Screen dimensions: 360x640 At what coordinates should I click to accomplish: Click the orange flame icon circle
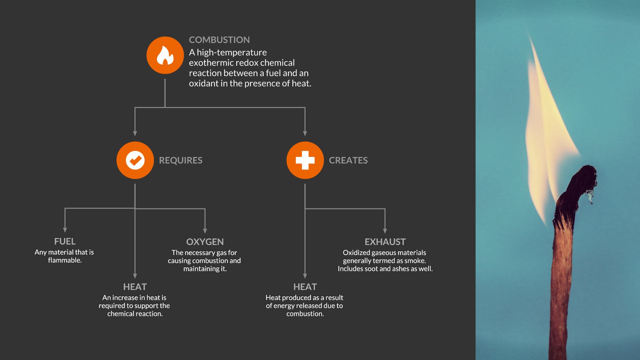165,55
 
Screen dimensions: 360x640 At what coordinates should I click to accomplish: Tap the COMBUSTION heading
219,40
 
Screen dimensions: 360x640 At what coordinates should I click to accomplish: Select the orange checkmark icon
135,160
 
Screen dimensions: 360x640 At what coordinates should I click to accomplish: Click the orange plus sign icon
305,160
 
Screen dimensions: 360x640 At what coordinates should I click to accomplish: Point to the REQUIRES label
181,160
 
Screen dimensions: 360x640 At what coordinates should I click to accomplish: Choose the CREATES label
348,160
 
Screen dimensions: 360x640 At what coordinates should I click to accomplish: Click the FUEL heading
65,241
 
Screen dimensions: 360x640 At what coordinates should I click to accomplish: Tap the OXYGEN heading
205,242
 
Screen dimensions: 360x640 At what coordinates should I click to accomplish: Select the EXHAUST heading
385,242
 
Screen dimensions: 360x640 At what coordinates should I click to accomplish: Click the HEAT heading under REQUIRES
135,287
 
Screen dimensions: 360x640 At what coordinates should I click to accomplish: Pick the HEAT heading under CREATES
305,287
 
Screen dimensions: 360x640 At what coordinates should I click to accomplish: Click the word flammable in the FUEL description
65,260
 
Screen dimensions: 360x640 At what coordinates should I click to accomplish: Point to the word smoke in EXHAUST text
414,261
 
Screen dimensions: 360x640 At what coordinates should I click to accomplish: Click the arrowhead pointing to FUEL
65,230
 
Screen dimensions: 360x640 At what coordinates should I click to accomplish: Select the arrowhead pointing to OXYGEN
205,231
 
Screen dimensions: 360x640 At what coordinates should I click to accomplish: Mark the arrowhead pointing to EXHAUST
385,231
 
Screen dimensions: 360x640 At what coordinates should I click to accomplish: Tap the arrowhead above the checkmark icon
135,134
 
